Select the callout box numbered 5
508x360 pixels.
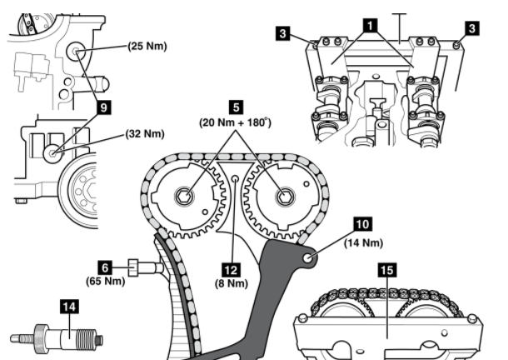pos(237,107)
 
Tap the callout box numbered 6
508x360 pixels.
pos(105,267)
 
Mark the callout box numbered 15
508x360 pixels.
pos(385,270)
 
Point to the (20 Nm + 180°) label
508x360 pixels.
pos(237,122)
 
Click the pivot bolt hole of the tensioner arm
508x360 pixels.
pos(311,257)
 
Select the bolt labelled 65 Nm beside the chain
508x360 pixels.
pos(144,267)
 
